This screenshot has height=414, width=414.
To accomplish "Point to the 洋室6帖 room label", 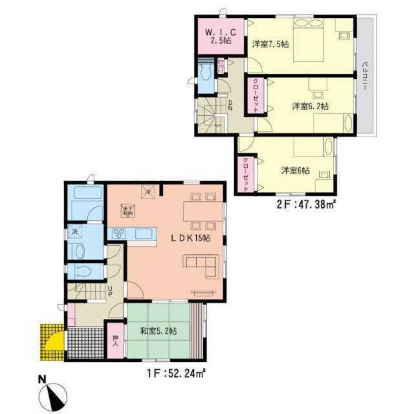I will (x=295, y=171).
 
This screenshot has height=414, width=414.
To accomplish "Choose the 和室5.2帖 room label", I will (x=159, y=331).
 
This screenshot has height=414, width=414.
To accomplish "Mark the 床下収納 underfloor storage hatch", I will (x=127, y=210).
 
